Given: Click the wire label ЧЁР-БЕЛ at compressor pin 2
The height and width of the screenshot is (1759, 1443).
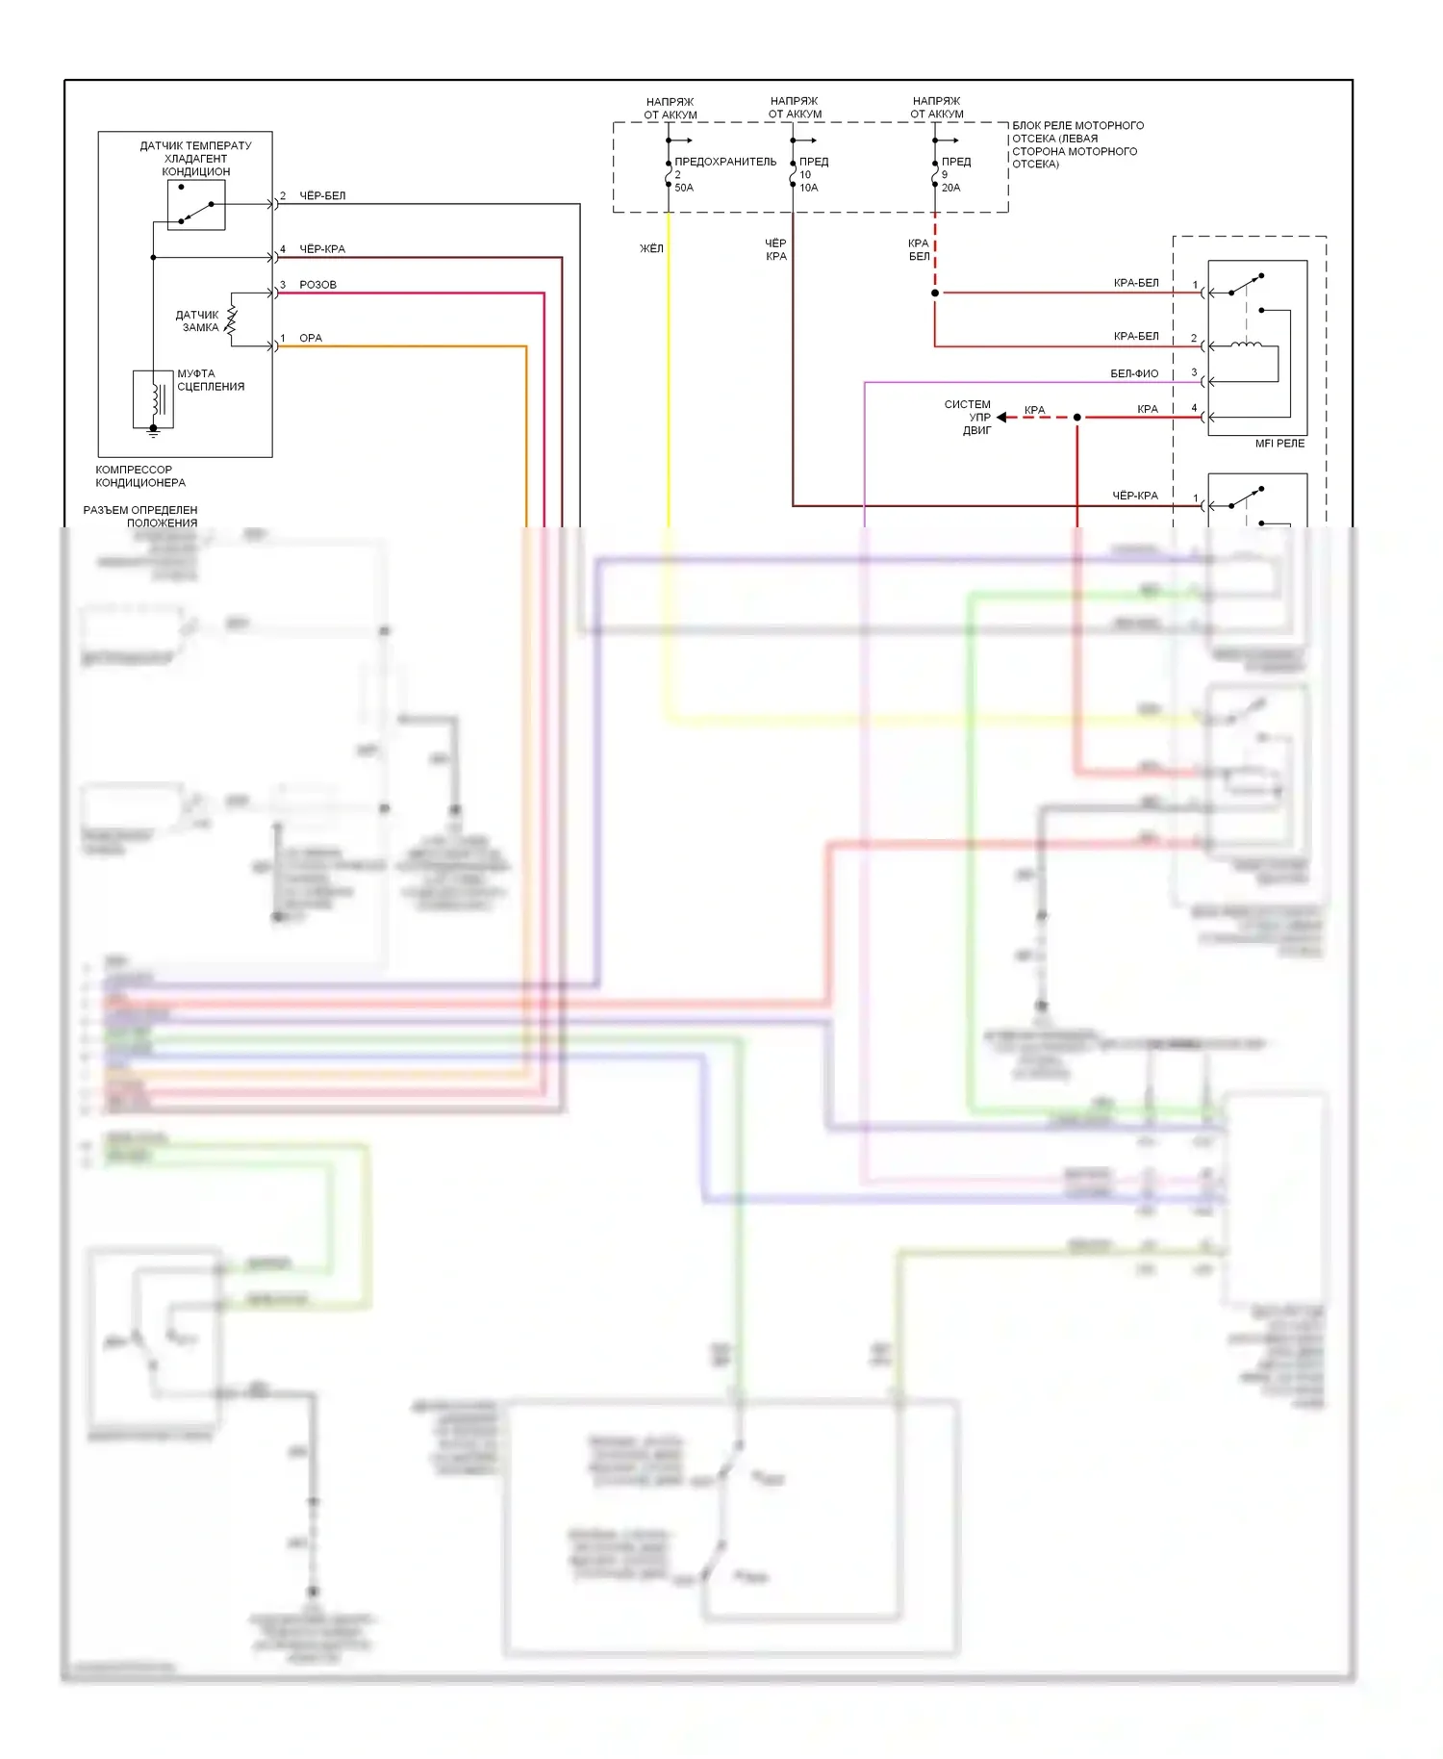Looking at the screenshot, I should coord(322,196).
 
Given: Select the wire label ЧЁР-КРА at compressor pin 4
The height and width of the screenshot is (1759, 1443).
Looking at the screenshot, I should coord(322,249).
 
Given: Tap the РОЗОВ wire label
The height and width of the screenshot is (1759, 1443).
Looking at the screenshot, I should coord(317,285).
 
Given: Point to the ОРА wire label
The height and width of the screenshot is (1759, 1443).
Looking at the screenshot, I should coord(311,338).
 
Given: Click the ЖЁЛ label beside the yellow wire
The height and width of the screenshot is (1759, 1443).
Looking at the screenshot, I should coord(651,248).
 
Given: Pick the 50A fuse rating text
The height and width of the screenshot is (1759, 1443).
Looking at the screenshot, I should coord(684,188).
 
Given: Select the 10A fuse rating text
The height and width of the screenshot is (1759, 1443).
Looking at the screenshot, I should coord(809,188).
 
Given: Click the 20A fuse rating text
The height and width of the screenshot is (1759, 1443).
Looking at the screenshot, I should coord(950,188).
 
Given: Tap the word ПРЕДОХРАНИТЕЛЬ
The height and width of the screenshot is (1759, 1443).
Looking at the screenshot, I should coord(725,162).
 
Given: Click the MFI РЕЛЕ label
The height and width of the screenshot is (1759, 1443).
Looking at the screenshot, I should coord(1279,444).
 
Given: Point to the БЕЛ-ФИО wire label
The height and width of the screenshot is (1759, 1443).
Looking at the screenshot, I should coord(1134,373).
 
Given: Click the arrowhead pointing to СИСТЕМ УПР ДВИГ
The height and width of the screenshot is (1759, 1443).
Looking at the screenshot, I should coord(1002,418).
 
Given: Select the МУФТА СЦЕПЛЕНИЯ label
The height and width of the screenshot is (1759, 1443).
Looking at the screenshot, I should coord(210,380).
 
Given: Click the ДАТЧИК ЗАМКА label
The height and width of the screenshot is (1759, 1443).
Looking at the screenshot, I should coord(198,321).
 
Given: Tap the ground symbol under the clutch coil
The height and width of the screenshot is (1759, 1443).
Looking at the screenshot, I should coord(153,432).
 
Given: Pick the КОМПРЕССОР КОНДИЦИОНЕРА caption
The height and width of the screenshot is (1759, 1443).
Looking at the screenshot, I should coord(140,476).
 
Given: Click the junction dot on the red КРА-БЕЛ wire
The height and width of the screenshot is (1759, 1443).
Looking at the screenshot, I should coord(935,293).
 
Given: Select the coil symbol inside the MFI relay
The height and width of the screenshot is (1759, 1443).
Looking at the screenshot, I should coord(1248,344).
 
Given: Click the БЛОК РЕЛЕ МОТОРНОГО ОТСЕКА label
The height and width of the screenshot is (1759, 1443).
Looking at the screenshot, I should coord(1077,144).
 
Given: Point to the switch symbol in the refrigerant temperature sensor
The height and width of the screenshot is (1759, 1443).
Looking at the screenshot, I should coord(196,206).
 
